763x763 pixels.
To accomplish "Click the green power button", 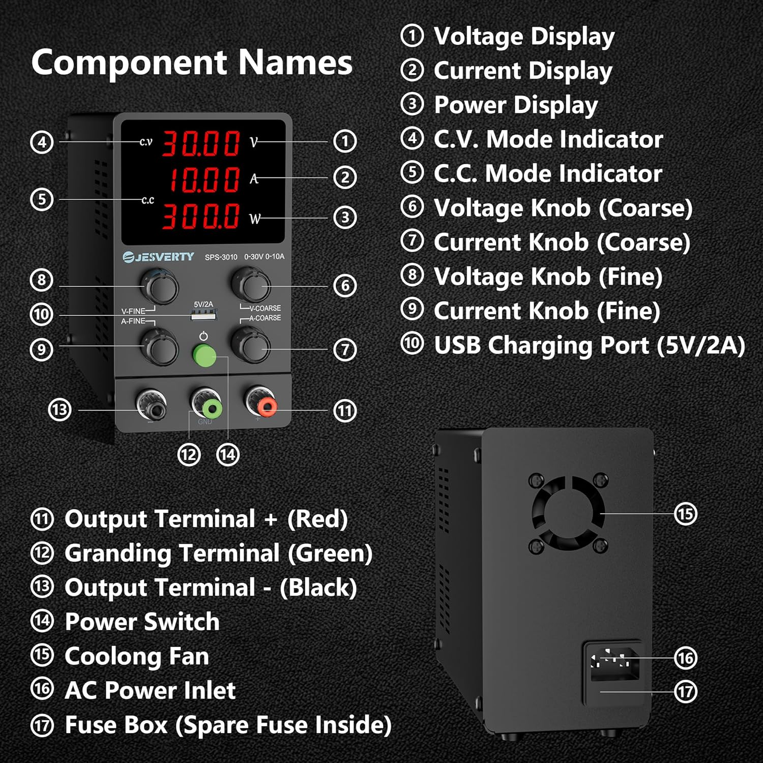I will (204, 355).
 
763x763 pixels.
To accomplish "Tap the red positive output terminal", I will (267, 406).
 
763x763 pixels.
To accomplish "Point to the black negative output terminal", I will (152, 405).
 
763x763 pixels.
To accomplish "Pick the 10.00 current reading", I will (203, 179).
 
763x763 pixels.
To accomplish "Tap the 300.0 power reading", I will (200, 216).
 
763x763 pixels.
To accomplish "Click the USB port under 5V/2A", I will (202, 315).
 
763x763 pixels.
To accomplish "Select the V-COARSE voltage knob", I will (251, 286).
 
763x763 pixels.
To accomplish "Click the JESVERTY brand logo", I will (158, 257).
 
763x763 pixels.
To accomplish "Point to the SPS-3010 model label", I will (221, 257).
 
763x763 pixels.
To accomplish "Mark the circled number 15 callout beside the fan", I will (685, 514).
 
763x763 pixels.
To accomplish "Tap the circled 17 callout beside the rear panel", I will (685, 692).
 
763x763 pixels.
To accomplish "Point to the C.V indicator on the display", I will (146, 142).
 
